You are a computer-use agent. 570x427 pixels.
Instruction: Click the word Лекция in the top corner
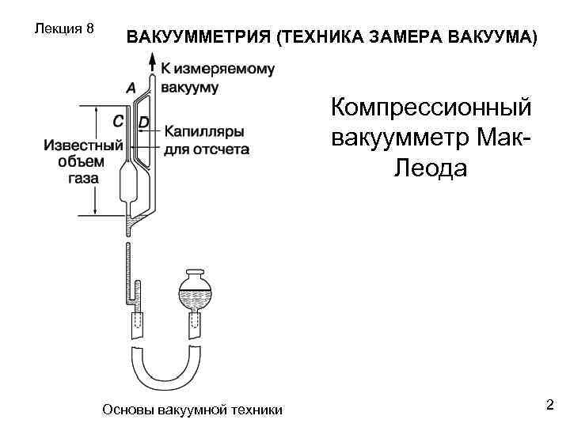57,28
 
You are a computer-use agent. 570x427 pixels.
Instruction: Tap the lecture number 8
90,28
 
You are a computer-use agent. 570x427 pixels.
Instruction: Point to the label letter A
130,85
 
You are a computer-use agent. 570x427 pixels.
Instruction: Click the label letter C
117,122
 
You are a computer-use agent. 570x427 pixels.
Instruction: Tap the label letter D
143,122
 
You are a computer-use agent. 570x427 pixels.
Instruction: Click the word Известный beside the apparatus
83,145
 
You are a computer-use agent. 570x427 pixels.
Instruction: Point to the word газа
83,178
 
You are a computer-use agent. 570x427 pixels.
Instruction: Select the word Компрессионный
431,109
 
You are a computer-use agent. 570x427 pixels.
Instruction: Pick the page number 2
549,405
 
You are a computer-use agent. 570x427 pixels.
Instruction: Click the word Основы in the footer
128,410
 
